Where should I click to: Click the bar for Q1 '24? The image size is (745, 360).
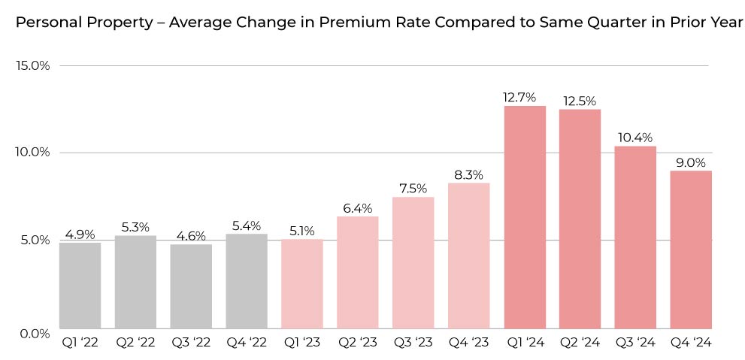point(525,217)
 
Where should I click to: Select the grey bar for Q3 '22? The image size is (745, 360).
point(191,286)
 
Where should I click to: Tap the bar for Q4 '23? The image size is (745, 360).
point(468,256)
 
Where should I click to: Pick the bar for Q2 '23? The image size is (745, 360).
point(357,272)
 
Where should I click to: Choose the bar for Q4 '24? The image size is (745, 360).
point(691,250)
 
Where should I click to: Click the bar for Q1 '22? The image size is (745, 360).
point(80,285)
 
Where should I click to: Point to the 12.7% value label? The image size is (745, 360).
point(519,97)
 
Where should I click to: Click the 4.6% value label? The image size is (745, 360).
point(191,235)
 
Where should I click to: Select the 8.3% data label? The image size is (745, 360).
point(468,174)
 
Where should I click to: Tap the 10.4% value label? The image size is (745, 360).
point(636,137)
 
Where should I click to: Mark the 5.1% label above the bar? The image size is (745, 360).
point(301,231)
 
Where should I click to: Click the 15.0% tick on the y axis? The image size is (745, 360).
point(32,65)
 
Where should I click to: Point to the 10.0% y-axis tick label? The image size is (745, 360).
point(32,153)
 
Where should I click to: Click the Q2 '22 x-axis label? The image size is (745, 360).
point(135,343)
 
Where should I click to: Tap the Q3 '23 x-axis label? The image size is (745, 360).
point(413,343)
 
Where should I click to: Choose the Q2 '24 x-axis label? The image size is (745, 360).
point(580,343)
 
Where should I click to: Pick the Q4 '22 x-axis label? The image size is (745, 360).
point(247,343)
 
